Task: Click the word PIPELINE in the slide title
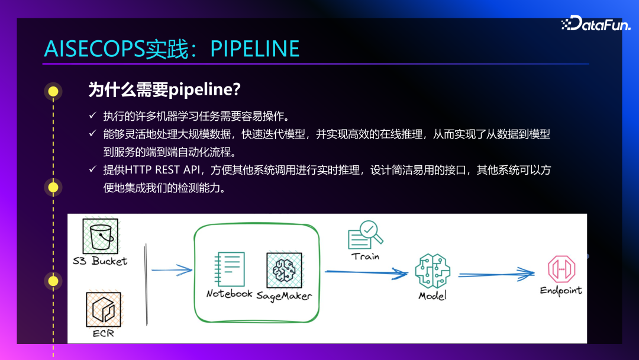255,49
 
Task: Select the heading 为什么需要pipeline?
164,90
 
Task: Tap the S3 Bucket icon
100,236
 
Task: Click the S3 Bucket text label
101,261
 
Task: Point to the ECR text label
104,333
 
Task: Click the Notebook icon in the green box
230,269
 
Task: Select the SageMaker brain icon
283,271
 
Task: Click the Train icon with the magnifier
364,236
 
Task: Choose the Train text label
365,256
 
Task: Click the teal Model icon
433,271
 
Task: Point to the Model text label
433,295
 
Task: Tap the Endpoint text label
561,291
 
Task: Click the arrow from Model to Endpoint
496,274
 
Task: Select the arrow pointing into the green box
172,271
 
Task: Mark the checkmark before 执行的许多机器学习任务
92,115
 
